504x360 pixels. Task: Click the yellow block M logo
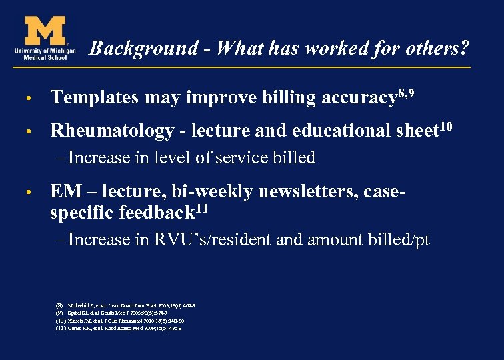coord(45,29)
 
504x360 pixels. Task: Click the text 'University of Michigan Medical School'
coord(44,53)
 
